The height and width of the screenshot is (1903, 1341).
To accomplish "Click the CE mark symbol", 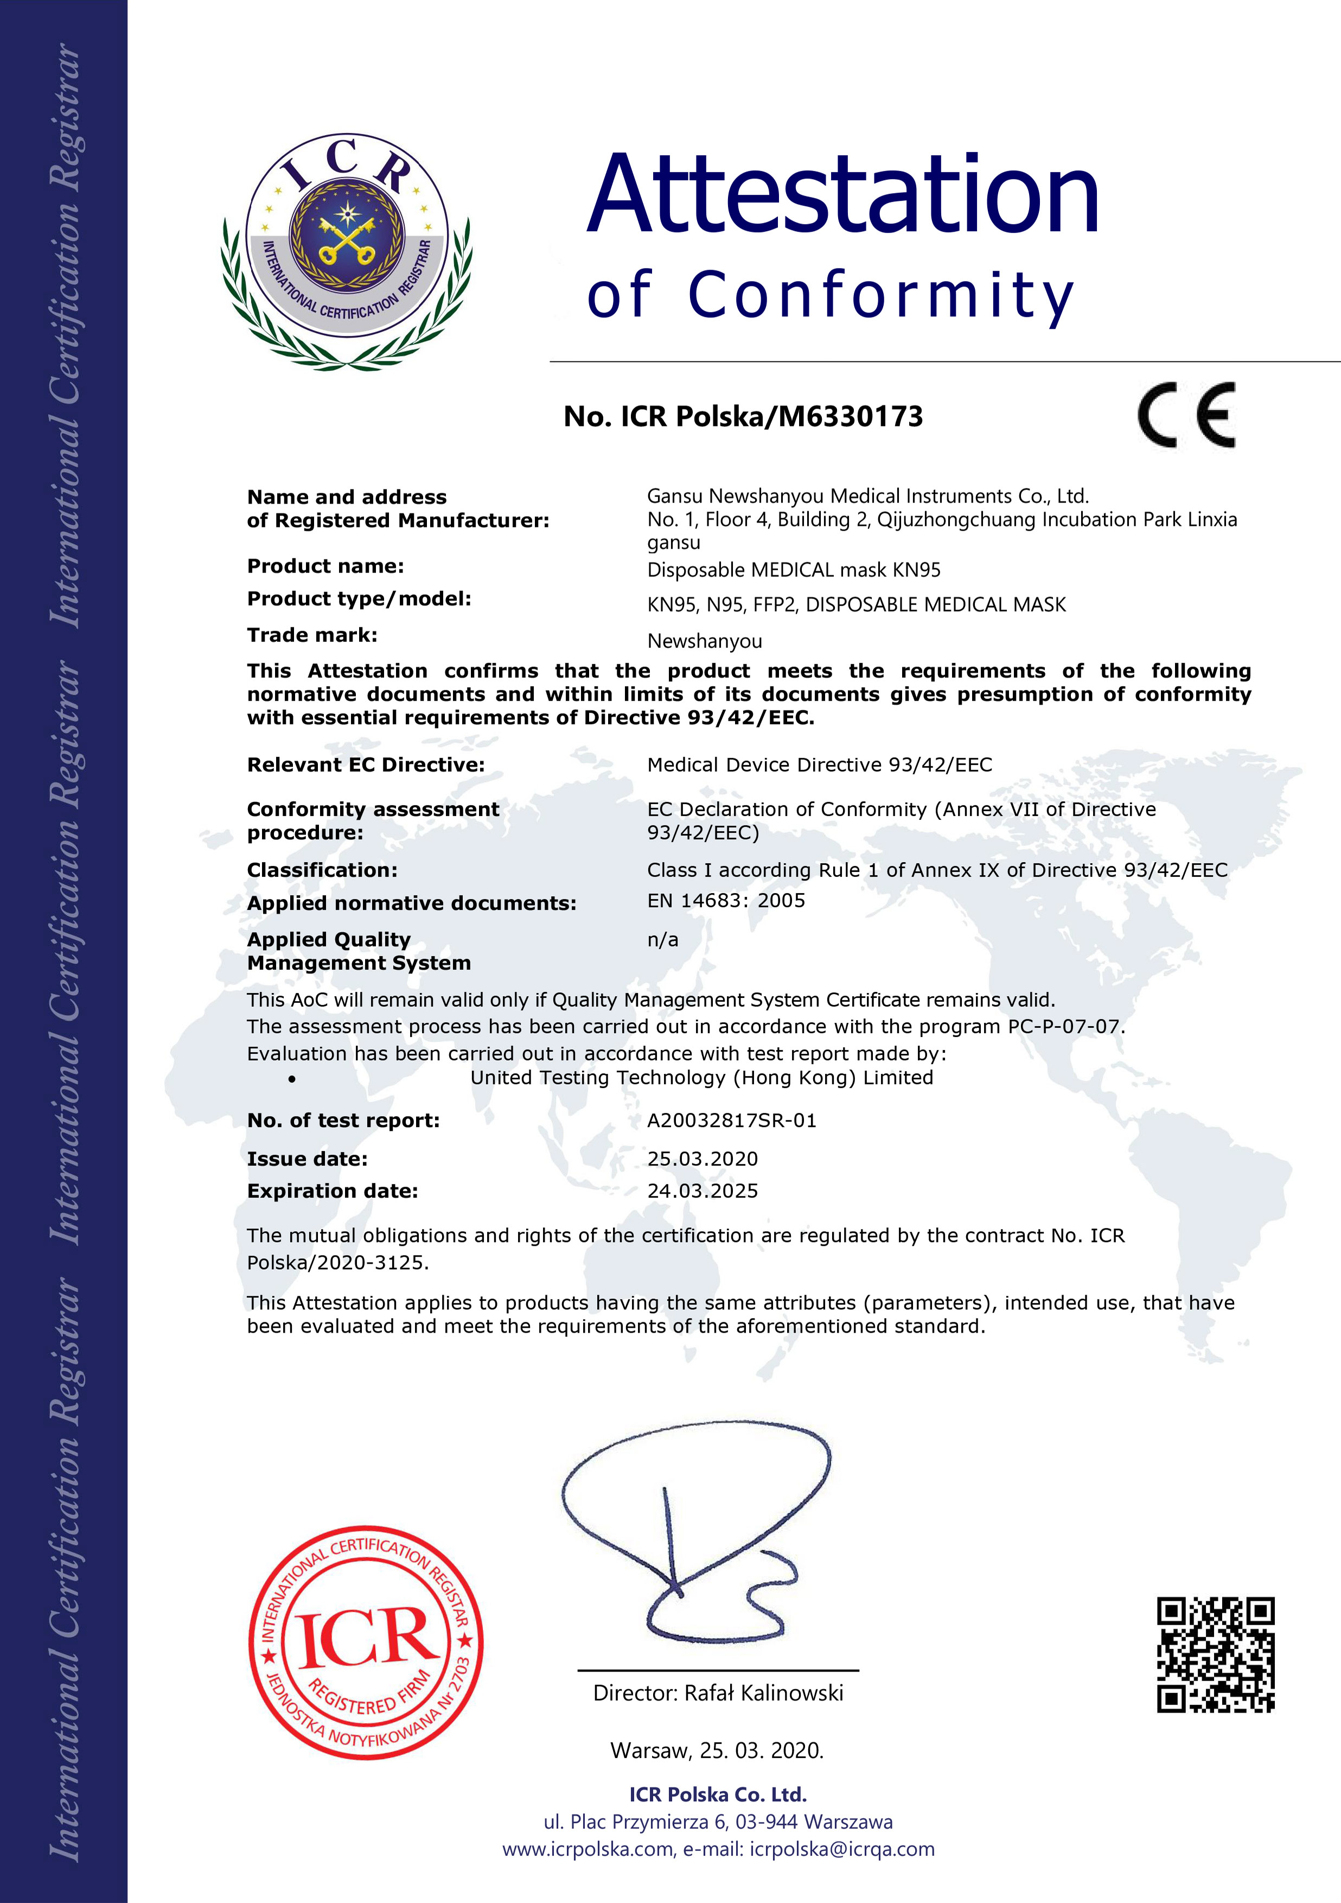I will (1186, 415).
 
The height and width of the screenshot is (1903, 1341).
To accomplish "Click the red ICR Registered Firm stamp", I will (366, 1642).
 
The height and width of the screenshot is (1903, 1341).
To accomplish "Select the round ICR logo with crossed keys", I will (347, 251).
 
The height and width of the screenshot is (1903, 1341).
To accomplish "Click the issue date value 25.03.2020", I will (702, 1159).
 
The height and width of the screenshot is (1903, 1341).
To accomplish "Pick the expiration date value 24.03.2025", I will (702, 1191).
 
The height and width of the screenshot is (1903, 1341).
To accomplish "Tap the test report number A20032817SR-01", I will (731, 1121).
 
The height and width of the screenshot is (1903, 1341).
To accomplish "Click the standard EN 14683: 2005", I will (725, 901).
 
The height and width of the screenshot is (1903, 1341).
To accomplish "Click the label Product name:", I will (325, 566).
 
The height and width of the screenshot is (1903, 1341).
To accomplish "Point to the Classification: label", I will (322, 870).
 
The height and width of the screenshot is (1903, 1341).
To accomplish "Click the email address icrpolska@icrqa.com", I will (841, 1849).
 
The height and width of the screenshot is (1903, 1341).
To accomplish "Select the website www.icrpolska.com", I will (589, 1849).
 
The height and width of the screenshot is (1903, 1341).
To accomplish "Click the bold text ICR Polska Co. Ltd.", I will (718, 1794).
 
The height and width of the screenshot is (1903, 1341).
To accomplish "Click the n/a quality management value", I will (662, 940).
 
